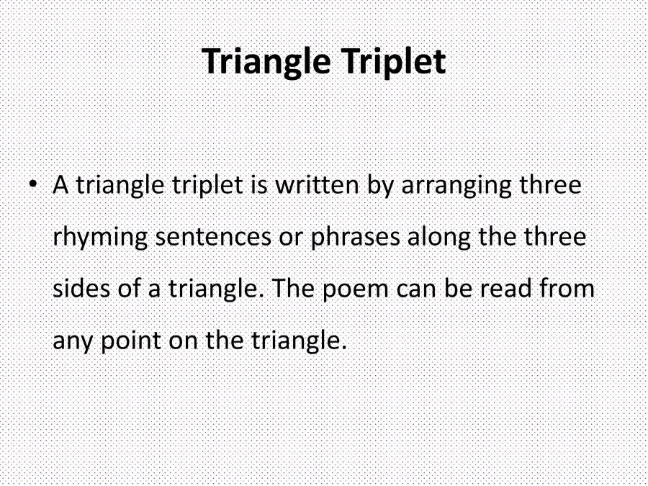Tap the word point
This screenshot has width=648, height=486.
(x=130, y=340)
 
